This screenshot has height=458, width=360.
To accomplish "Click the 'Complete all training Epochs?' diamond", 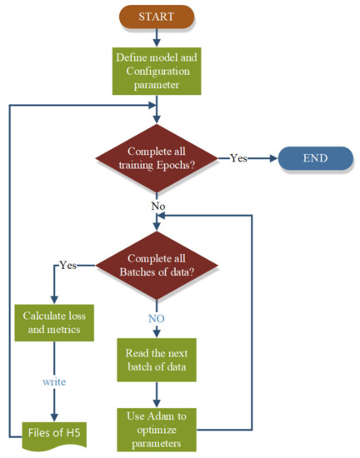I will click(x=155, y=157).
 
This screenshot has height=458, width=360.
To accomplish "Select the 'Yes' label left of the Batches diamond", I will click(x=68, y=266).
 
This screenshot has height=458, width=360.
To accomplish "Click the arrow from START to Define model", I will click(x=155, y=37).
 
